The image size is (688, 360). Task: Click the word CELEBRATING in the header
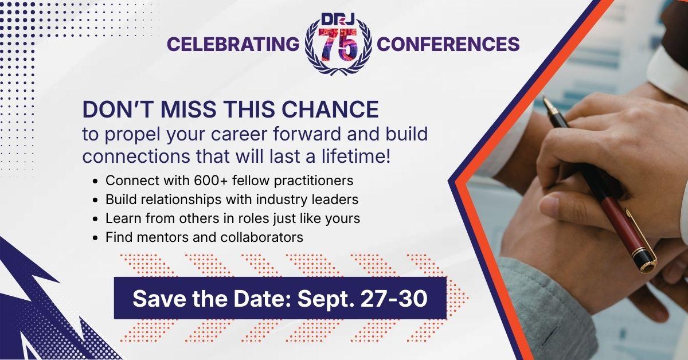pyautogui.click(x=233, y=44)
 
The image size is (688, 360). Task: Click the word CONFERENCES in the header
pyautogui.click(x=448, y=44)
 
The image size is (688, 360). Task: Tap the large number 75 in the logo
pyautogui.click(x=338, y=45)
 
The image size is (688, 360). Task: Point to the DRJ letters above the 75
pyautogui.click(x=338, y=19)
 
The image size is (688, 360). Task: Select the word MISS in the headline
pyautogui.click(x=188, y=109)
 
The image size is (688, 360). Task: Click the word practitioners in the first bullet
pyautogui.click(x=314, y=181)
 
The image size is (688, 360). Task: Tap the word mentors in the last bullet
pyautogui.click(x=162, y=237)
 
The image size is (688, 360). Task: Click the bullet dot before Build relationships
pyautogui.click(x=95, y=200)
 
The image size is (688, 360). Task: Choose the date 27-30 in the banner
pyautogui.click(x=394, y=298)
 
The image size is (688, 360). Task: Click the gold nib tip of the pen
pyautogui.click(x=544, y=98)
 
